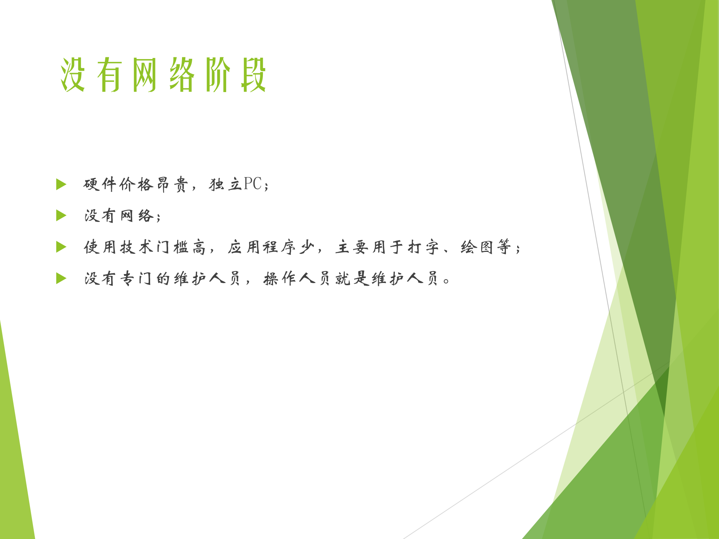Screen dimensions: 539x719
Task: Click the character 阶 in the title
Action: coord(218,75)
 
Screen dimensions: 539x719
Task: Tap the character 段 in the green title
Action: coord(254,75)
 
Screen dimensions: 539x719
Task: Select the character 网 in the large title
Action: coord(145,75)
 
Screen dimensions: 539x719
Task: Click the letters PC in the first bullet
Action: coord(253,184)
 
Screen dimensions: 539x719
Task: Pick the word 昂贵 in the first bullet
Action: coord(172,184)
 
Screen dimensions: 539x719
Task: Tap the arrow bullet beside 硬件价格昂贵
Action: coord(61,184)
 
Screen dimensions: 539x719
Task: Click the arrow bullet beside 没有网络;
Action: coord(61,216)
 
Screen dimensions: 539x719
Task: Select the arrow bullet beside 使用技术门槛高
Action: coord(61,247)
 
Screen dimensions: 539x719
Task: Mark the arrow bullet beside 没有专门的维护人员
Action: coord(61,278)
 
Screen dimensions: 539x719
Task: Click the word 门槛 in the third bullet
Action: coord(172,247)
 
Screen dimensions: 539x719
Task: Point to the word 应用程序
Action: coord(262,247)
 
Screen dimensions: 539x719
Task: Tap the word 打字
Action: coord(423,247)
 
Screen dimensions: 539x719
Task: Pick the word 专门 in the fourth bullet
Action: coord(136,278)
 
